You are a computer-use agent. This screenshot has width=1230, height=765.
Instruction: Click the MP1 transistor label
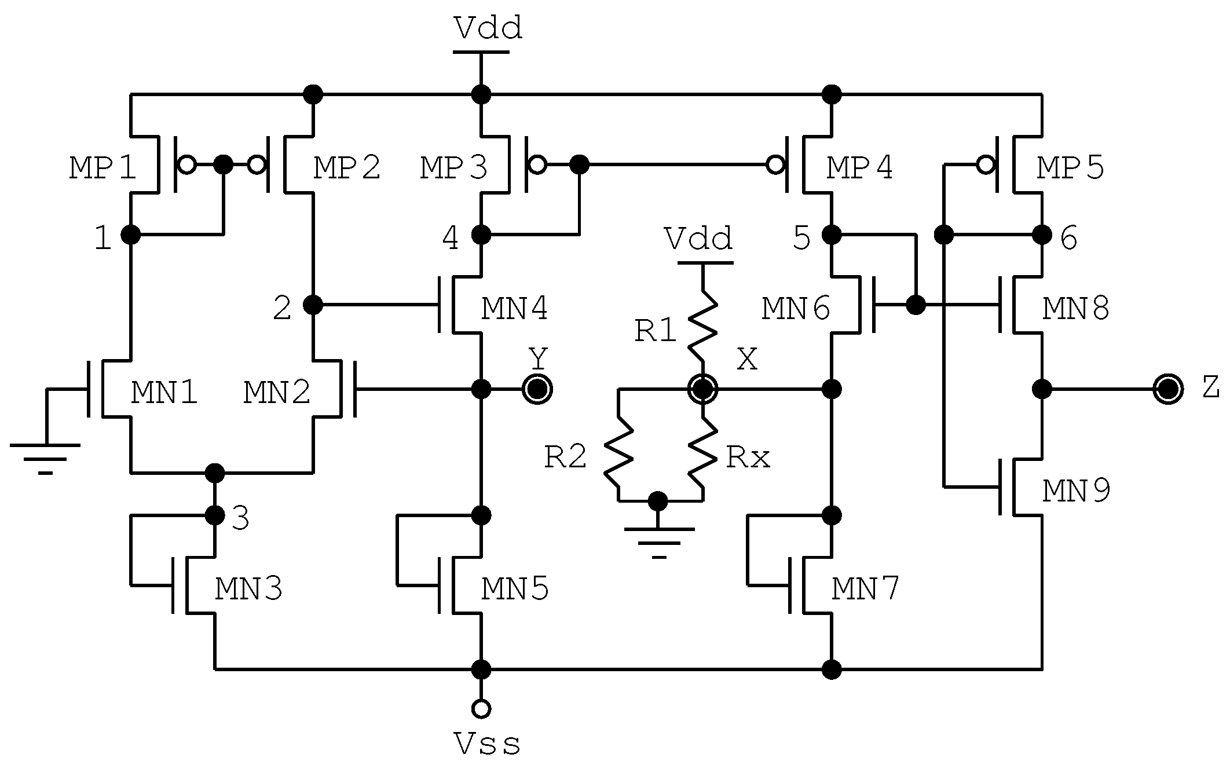103,169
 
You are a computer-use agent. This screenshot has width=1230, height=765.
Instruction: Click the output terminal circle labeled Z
1167,389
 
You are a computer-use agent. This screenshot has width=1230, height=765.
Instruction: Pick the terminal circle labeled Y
537,389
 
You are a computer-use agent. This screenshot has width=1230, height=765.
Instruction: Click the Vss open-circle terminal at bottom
481,708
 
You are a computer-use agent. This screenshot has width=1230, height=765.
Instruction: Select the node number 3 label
240,519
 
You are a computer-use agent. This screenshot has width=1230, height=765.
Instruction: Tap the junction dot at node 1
130,235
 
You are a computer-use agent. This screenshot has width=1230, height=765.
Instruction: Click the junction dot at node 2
313,304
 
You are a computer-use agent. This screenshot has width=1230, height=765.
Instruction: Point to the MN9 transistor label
1076,491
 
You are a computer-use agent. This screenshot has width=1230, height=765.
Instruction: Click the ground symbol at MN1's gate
45,457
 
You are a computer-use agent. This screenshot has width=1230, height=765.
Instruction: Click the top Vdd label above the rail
488,28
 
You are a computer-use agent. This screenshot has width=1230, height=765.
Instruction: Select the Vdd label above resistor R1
698,239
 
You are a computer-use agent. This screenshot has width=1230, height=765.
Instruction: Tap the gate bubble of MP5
985,165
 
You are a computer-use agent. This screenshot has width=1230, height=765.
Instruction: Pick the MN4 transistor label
514,309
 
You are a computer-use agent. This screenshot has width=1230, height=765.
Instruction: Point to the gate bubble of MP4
775,165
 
